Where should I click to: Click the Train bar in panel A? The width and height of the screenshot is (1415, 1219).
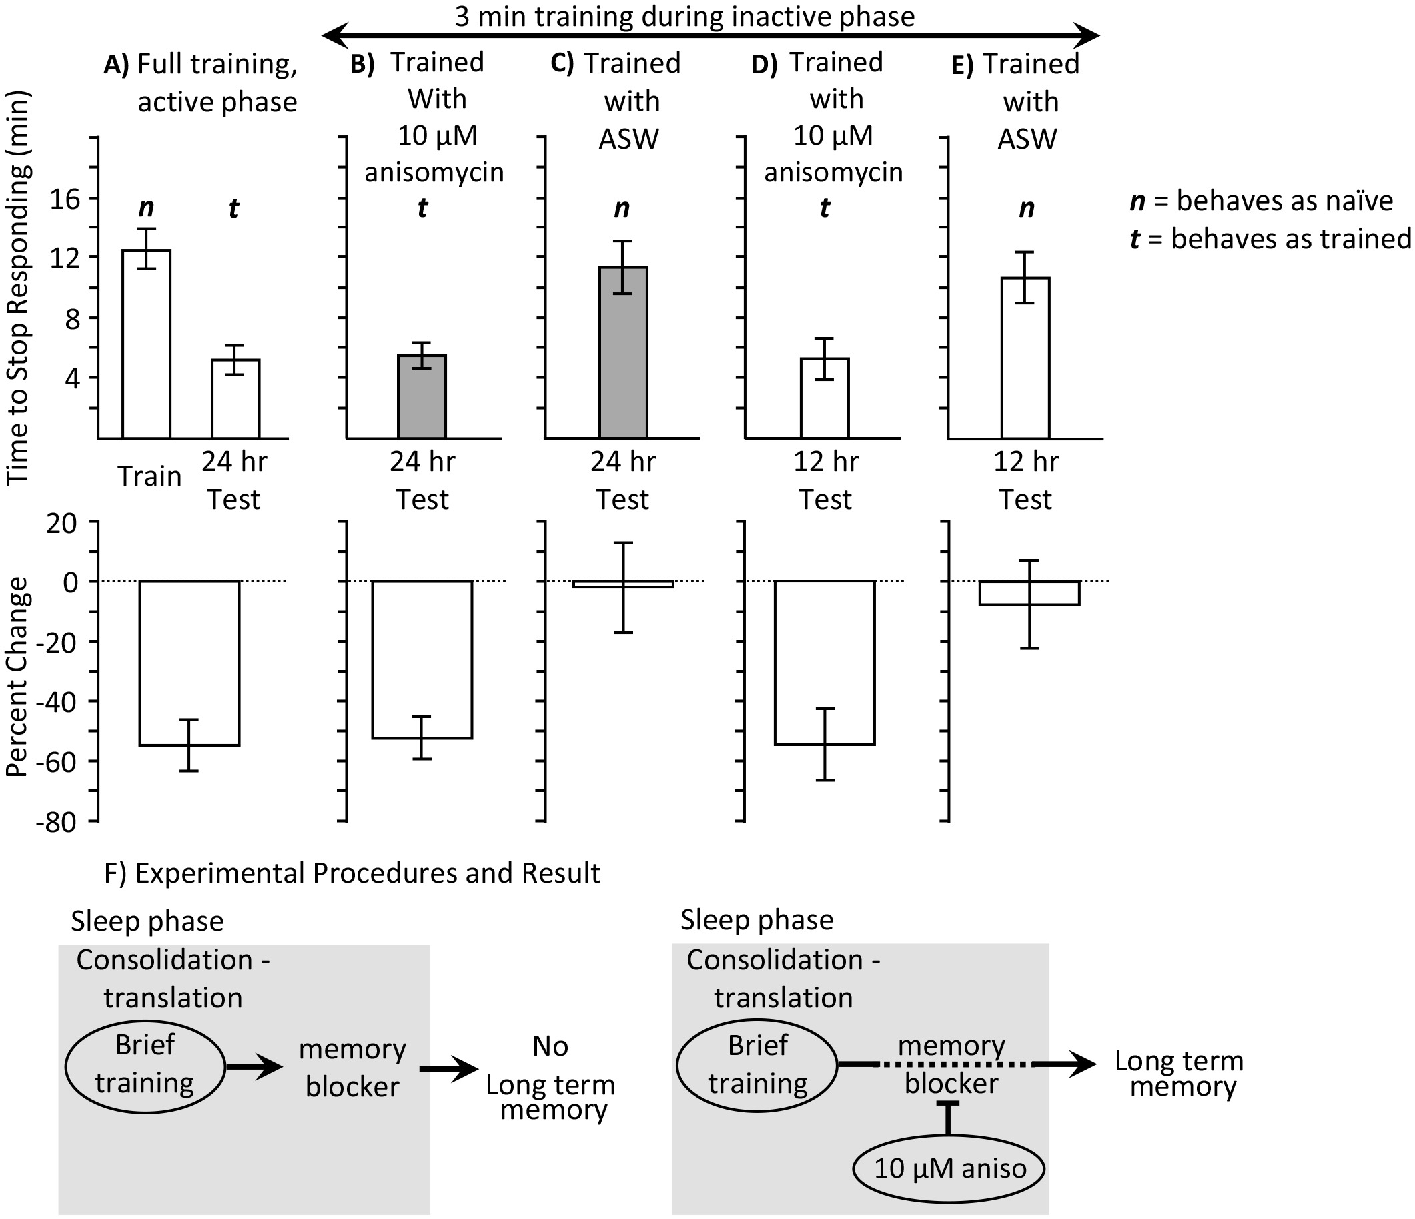[x=146, y=344]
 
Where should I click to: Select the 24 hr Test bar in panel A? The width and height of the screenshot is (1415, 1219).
[x=235, y=399]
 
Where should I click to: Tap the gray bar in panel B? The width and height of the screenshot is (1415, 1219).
[x=422, y=397]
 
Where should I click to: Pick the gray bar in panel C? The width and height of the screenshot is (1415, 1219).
[x=623, y=352]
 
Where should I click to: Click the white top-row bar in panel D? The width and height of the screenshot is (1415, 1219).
[x=825, y=398]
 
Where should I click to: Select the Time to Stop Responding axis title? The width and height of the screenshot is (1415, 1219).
[x=18, y=288]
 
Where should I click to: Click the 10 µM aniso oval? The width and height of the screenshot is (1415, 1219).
[x=949, y=1168]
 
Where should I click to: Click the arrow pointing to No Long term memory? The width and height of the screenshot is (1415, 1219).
[x=449, y=1069]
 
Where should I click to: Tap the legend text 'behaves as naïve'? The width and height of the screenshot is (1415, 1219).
[x=1284, y=201]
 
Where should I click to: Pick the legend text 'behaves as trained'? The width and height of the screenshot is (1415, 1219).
[x=1291, y=238]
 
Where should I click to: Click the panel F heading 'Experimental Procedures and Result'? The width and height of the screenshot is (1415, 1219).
[x=367, y=873]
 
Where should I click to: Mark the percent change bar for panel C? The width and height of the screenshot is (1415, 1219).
[x=623, y=584]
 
